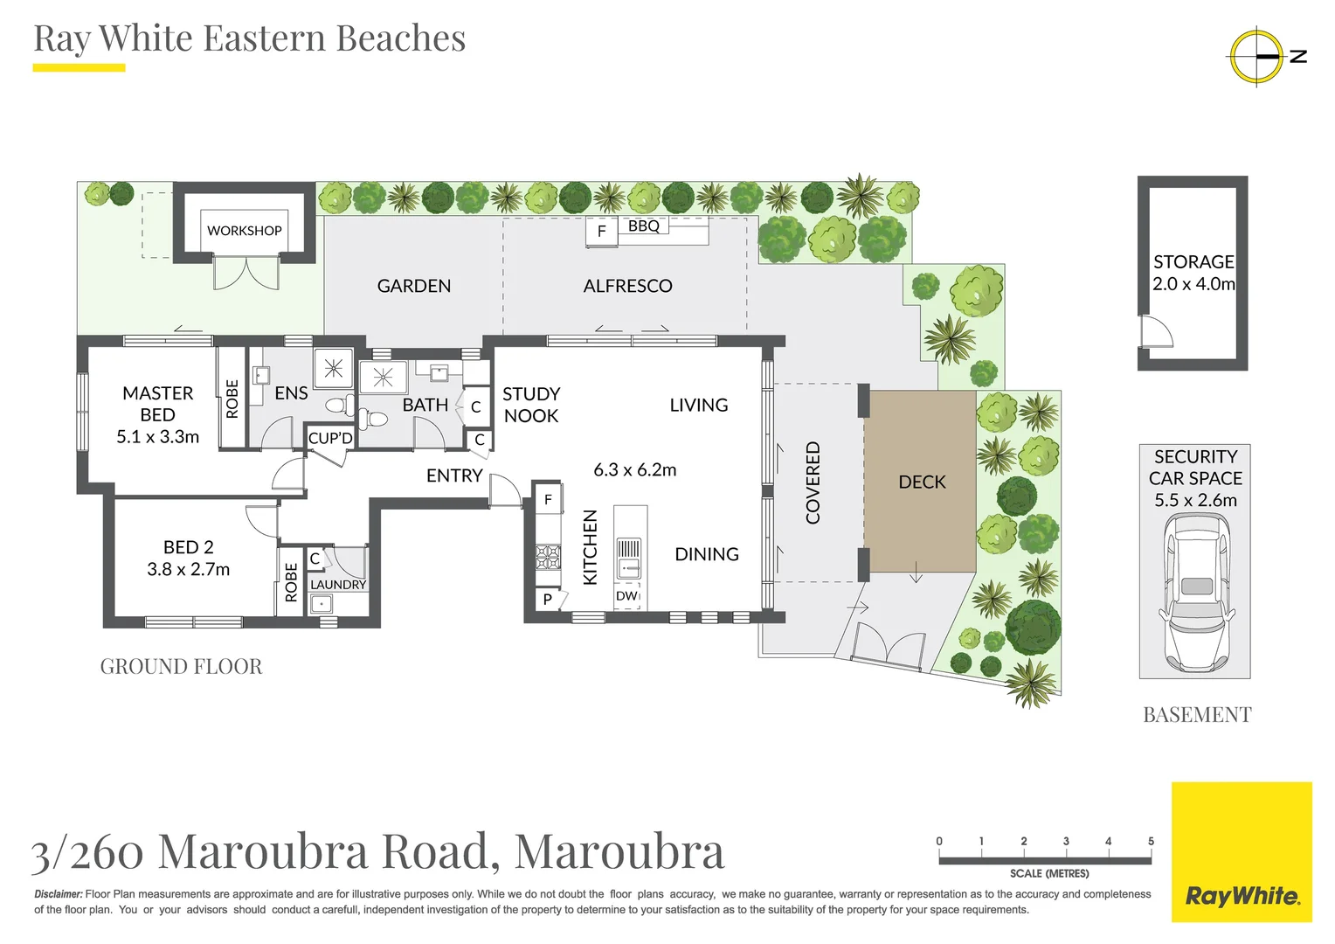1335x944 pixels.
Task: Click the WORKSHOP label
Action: tap(244, 231)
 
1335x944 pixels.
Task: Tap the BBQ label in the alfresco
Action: tap(644, 226)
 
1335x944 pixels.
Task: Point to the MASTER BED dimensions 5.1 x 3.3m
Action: tap(157, 437)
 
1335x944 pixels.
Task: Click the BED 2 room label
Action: tap(188, 547)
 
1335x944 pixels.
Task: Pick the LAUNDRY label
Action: tap(338, 585)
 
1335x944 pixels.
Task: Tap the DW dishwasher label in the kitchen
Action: tap(626, 596)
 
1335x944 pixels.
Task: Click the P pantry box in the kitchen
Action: tap(548, 600)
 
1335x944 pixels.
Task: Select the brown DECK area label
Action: tap(922, 482)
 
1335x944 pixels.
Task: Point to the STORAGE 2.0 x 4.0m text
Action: tap(1193, 273)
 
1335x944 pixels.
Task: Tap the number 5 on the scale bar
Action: tap(1151, 842)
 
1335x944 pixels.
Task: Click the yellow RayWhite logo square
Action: tap(1242, 852)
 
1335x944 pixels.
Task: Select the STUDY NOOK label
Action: tap(531, 405)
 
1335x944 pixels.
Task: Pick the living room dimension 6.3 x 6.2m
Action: tap(635, 470)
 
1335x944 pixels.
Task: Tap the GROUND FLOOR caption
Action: tap(181, 667)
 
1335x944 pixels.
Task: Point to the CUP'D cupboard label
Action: tap(330, 438)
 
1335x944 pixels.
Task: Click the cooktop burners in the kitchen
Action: tap(548, 556)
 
